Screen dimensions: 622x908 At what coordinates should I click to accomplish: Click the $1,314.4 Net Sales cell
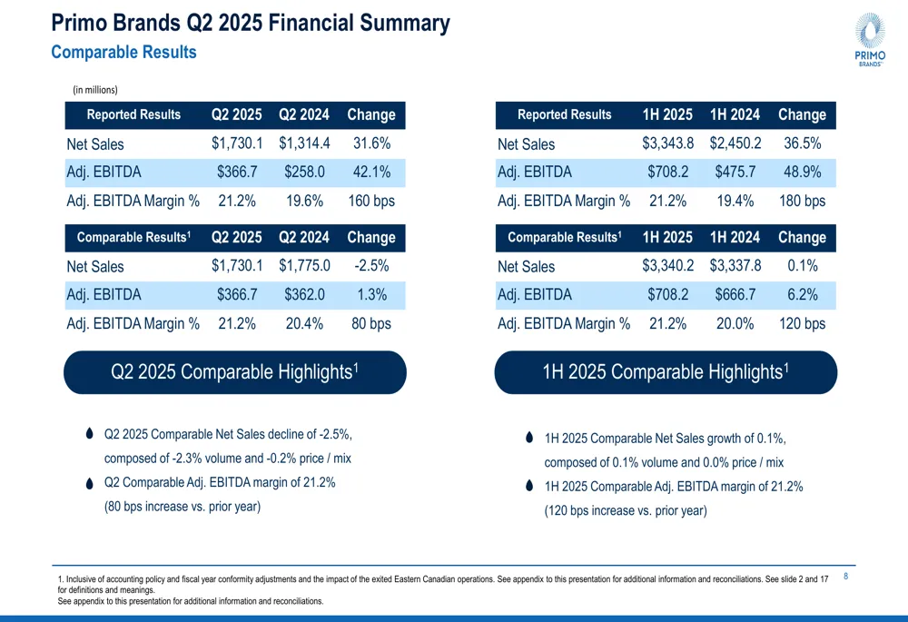point(304,143)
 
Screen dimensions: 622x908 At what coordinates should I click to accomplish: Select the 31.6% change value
point(371,143)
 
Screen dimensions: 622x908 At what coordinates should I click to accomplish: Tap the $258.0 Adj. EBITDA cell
point(304,172)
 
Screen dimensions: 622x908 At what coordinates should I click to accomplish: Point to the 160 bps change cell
point(371,201)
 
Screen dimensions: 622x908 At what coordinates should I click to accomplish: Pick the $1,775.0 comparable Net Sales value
point(304,266)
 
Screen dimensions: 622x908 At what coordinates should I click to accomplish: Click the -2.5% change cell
point(371,266)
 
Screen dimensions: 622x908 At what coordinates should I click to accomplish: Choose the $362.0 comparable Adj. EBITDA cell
point(304,294)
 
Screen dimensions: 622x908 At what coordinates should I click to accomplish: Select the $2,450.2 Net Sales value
point(735,143)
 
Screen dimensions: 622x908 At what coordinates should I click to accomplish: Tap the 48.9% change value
point(803,172)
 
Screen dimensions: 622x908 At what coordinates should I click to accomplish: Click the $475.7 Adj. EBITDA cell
point(735,172)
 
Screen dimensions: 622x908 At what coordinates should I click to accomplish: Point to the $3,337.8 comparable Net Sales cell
point(735,266)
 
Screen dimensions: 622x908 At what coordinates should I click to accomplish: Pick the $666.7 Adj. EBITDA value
point(735,294)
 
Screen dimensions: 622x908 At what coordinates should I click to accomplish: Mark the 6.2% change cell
point(803,294)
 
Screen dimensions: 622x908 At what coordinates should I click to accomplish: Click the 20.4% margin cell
point(304,323)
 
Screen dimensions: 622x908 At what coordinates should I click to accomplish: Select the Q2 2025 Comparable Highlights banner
point(235,372)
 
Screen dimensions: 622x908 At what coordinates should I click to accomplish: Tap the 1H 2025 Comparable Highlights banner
point(666,372)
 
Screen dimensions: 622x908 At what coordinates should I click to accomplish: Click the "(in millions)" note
point(95,89)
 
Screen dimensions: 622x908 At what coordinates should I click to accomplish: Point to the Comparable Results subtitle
point(123,53)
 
